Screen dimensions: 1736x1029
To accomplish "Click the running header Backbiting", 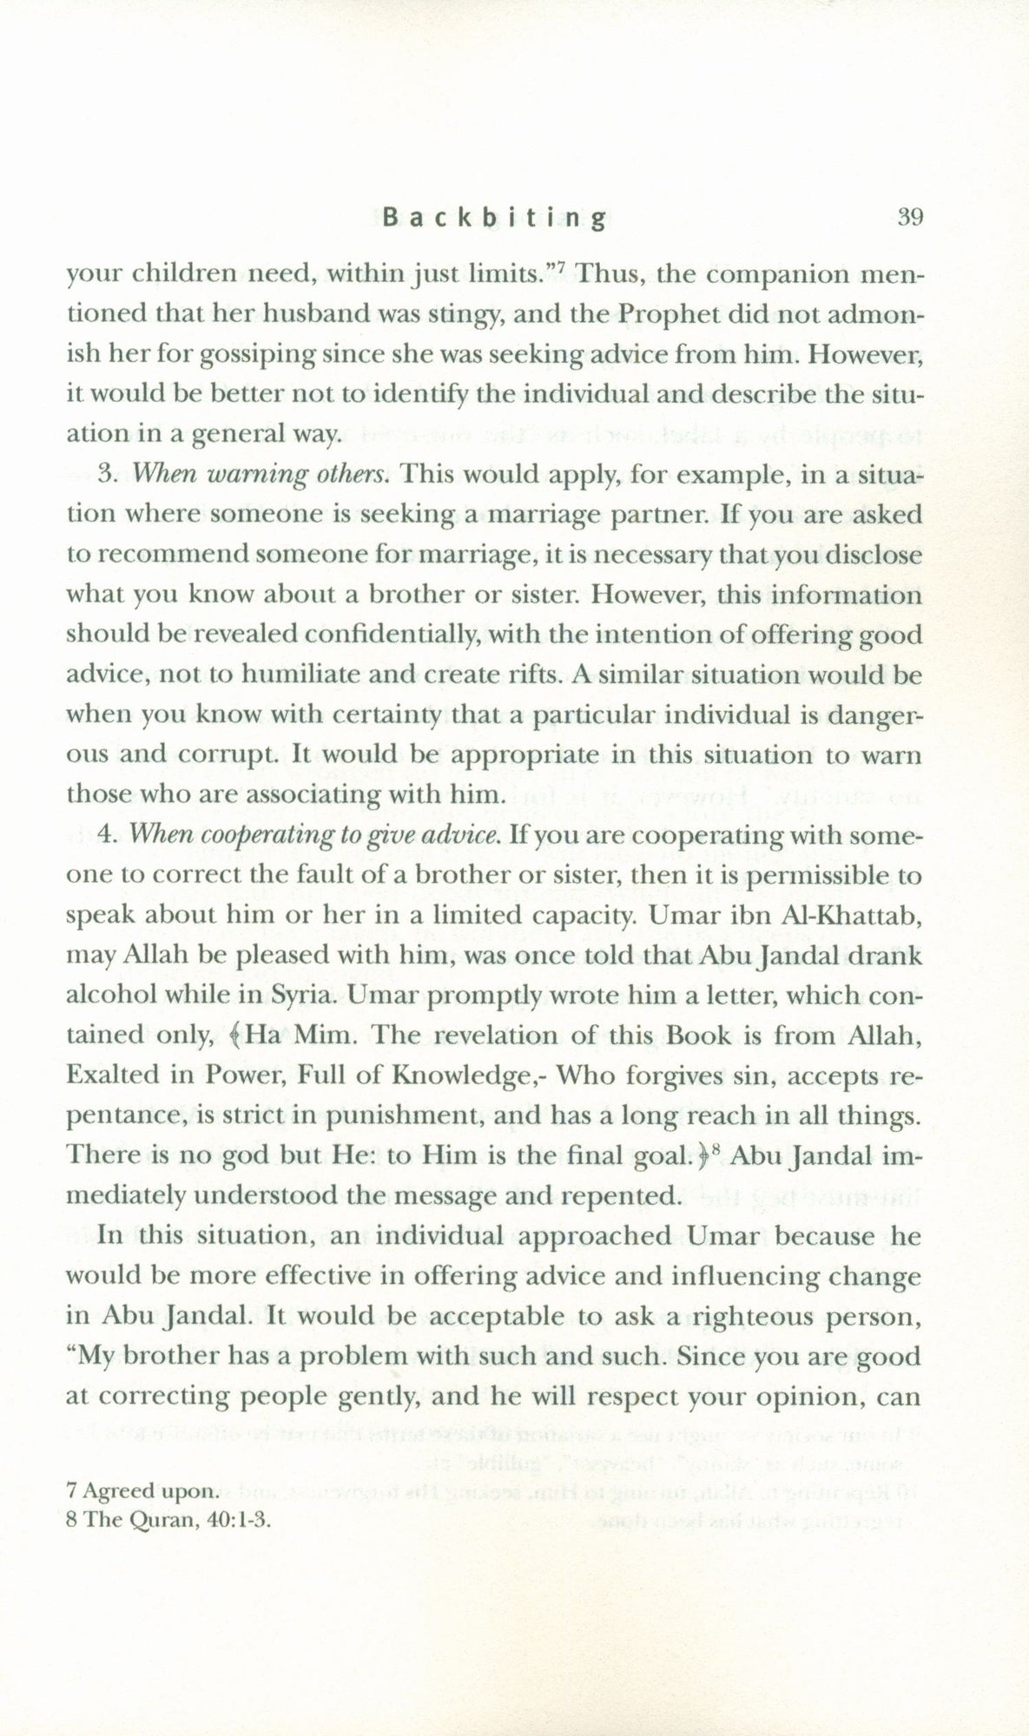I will point(493,219).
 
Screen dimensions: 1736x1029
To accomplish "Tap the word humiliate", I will point(290,674).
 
